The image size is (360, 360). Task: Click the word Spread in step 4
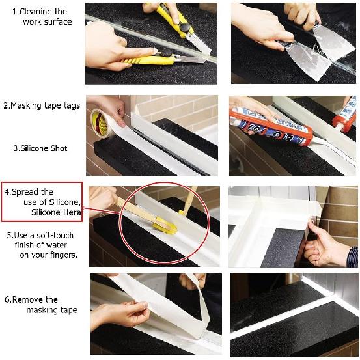pyautogui.click(x=38, y=192)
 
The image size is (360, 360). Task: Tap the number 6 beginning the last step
pyautogui.click(x=7, y=299)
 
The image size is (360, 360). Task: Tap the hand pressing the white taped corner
pyautogui.click(x=329, y=244)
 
